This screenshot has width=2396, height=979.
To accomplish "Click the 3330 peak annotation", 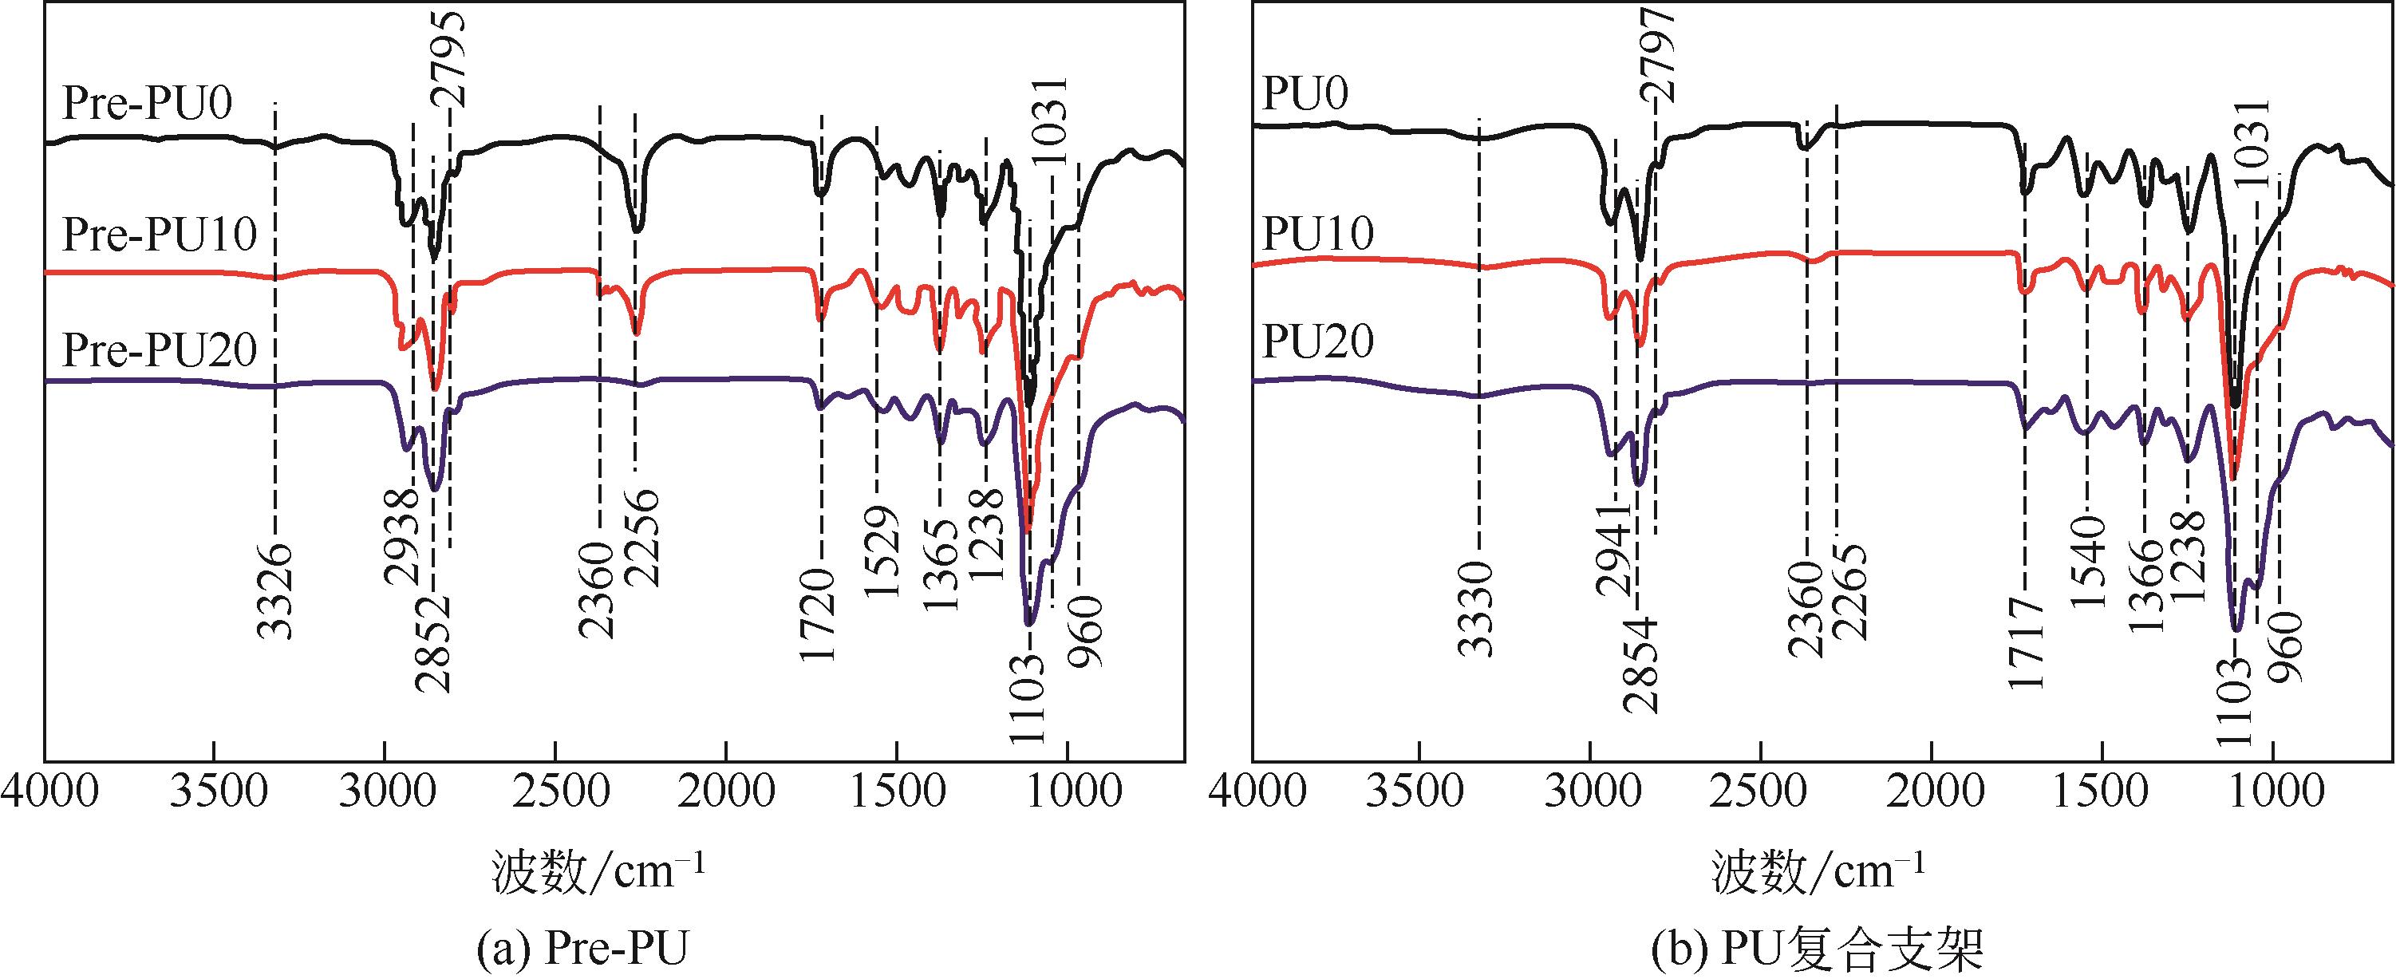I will (1475, 609).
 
